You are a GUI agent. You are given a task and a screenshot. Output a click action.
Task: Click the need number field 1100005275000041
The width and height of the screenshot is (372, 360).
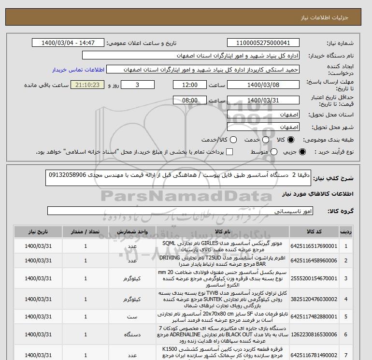click(263, 43)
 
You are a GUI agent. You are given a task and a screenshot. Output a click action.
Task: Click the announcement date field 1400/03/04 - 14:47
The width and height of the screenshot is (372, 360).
click(67, 43)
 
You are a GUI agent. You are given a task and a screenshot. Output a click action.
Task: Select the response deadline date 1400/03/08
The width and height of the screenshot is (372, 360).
click(263, 85)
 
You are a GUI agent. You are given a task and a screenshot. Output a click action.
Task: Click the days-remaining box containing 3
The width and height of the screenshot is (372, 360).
click(138, 85)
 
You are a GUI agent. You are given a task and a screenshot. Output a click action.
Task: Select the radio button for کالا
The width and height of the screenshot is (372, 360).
click(291, 140)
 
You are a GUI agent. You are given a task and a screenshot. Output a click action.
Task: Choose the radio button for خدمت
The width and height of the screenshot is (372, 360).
click(261, 140)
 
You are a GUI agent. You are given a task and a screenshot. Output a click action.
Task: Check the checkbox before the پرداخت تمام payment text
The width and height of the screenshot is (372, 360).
click(229, 152)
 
